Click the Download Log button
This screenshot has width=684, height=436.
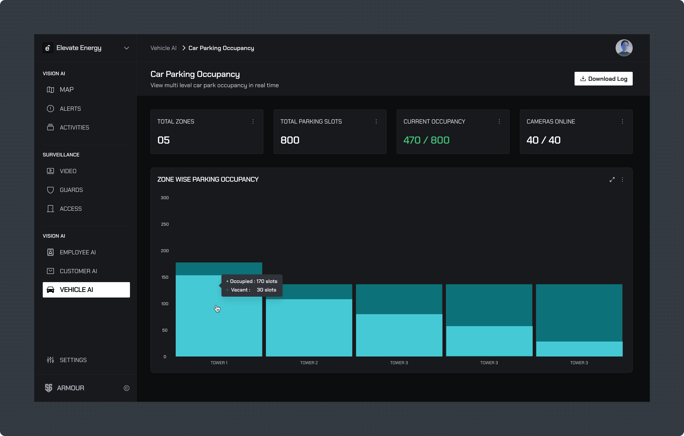pyautogui.click(x=603, y=79)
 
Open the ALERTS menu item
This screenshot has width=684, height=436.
pyautogui.click(x=70, y=109)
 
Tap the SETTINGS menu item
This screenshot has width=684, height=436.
pyautogui.click(x=73, y=360)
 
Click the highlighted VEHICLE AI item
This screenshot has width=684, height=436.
pyautogui.click(x=86, y=290)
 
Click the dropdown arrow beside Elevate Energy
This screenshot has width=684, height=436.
pyautogui.click(x=126, y=48)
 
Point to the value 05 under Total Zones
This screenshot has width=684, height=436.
pyautogui.click(x=164, y=140)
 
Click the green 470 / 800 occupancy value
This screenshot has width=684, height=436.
pyautogui.click(x=426, y=140)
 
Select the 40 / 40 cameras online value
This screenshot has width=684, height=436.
pyautogui.click(x=543, y=140)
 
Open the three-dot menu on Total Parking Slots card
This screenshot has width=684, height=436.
pyautogui.click(x=376, y=122)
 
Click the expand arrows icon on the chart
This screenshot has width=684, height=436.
pyautogui.click(x=612, y=180)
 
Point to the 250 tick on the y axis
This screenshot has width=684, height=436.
pyautogui.click(x=165, y=224)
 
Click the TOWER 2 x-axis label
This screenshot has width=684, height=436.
pyautogui.click(x=309, y=363)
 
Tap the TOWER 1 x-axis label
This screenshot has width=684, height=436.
pyautogui.click(x=219, y=363)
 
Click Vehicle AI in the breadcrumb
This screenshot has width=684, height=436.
pyautogui.click(x=163, y=48)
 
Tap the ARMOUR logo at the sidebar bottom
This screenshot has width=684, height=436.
pyautogui.click(x=49, y=388)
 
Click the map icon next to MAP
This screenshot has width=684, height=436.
pyautogui.click(x=50, y=90)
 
